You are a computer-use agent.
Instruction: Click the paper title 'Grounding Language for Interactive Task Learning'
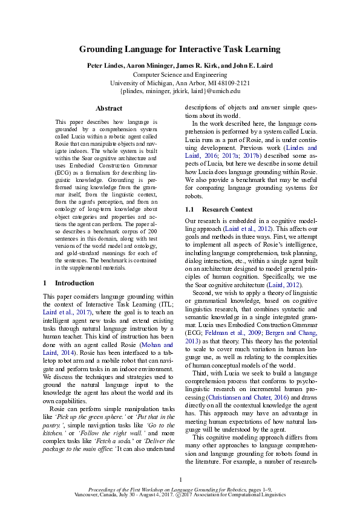(180, 50)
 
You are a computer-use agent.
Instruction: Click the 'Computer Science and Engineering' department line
(180, 74)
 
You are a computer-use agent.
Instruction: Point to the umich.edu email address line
(180, 91)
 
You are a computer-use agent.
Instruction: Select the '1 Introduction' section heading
(68, 283)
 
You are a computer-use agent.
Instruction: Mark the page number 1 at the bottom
(180, 479)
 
